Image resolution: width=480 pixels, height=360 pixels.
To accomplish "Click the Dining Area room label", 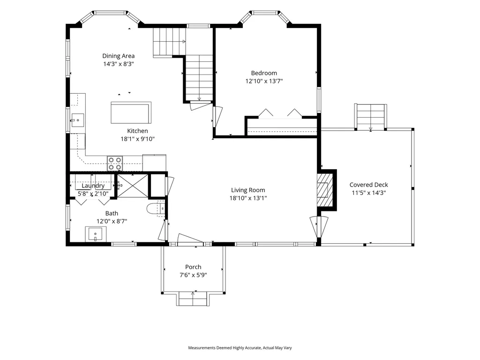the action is click(x=119, y=56).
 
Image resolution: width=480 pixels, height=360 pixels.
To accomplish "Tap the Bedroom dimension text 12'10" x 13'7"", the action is click(x=264, y=81).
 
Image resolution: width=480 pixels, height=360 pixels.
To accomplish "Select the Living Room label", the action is click(x=248, y=190).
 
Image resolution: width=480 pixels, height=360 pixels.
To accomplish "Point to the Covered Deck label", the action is click(x=368, y=185).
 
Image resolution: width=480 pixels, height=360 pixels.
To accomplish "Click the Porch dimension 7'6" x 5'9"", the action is click(x=193, y=275).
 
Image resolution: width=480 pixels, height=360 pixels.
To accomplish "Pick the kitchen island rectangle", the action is click(x=131, y=112).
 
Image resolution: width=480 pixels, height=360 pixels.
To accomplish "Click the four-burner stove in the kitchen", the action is click(x=115, y=164).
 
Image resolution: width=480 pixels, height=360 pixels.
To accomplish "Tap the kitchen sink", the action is click(x=77, y=120).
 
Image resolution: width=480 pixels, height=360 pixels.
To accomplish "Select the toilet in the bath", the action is click(x=156, y=209).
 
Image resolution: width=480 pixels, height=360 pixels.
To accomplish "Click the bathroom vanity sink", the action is click(x=96, y=234).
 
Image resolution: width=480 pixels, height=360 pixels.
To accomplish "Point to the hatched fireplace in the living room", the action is click(x=324, y=190).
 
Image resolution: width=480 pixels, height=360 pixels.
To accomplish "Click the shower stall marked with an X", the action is click(x=133, y=186).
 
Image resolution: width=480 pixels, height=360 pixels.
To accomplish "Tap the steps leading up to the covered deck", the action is click(x=371, y=117).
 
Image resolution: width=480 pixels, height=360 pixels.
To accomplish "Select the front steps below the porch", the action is click(x=193, y=299).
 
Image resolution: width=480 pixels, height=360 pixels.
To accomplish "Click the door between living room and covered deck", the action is click(x=319, y=227).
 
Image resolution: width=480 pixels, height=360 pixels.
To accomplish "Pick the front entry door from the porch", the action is click(x=190, y=240).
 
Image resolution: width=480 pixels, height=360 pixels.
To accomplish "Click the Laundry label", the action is click(x=93, y=186).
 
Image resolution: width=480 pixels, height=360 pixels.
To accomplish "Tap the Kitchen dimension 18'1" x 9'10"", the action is click(x=137, y=139).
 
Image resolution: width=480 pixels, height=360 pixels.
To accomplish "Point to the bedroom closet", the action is click(x=282, y=127).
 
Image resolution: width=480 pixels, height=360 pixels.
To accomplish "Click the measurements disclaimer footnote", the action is click(x=240, y=348).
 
